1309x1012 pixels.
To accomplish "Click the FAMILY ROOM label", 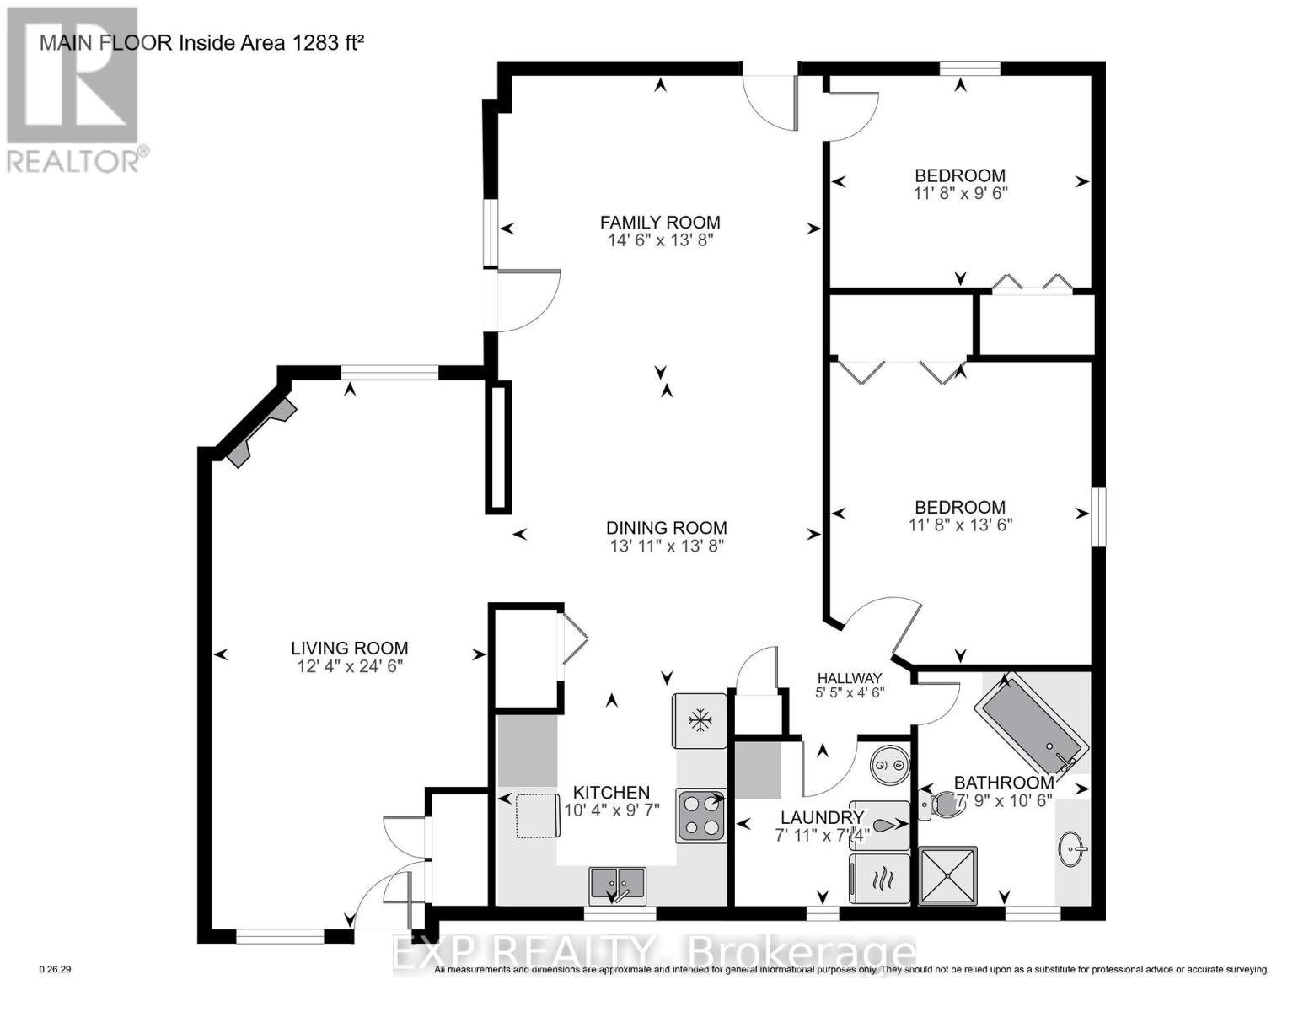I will click(660, 223).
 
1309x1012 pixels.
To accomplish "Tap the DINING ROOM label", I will click(666, 528).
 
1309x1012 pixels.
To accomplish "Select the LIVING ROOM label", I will click(349, 648).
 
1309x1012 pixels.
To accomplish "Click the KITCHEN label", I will click(611, 793).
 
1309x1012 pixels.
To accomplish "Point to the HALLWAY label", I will click(850, 678).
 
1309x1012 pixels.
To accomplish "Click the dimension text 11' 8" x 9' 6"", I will click(959, 193).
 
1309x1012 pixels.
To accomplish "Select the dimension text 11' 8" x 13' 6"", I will click(960, 525).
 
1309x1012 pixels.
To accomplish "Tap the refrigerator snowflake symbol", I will click(699, 720).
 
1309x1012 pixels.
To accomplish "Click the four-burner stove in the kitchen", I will click(701, 816).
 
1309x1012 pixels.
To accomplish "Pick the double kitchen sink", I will click(617, 884).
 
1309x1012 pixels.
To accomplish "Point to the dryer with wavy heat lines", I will click(881, 880).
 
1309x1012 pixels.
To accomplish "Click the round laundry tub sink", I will click(889, 765).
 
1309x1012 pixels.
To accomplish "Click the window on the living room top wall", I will click(389, 372).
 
